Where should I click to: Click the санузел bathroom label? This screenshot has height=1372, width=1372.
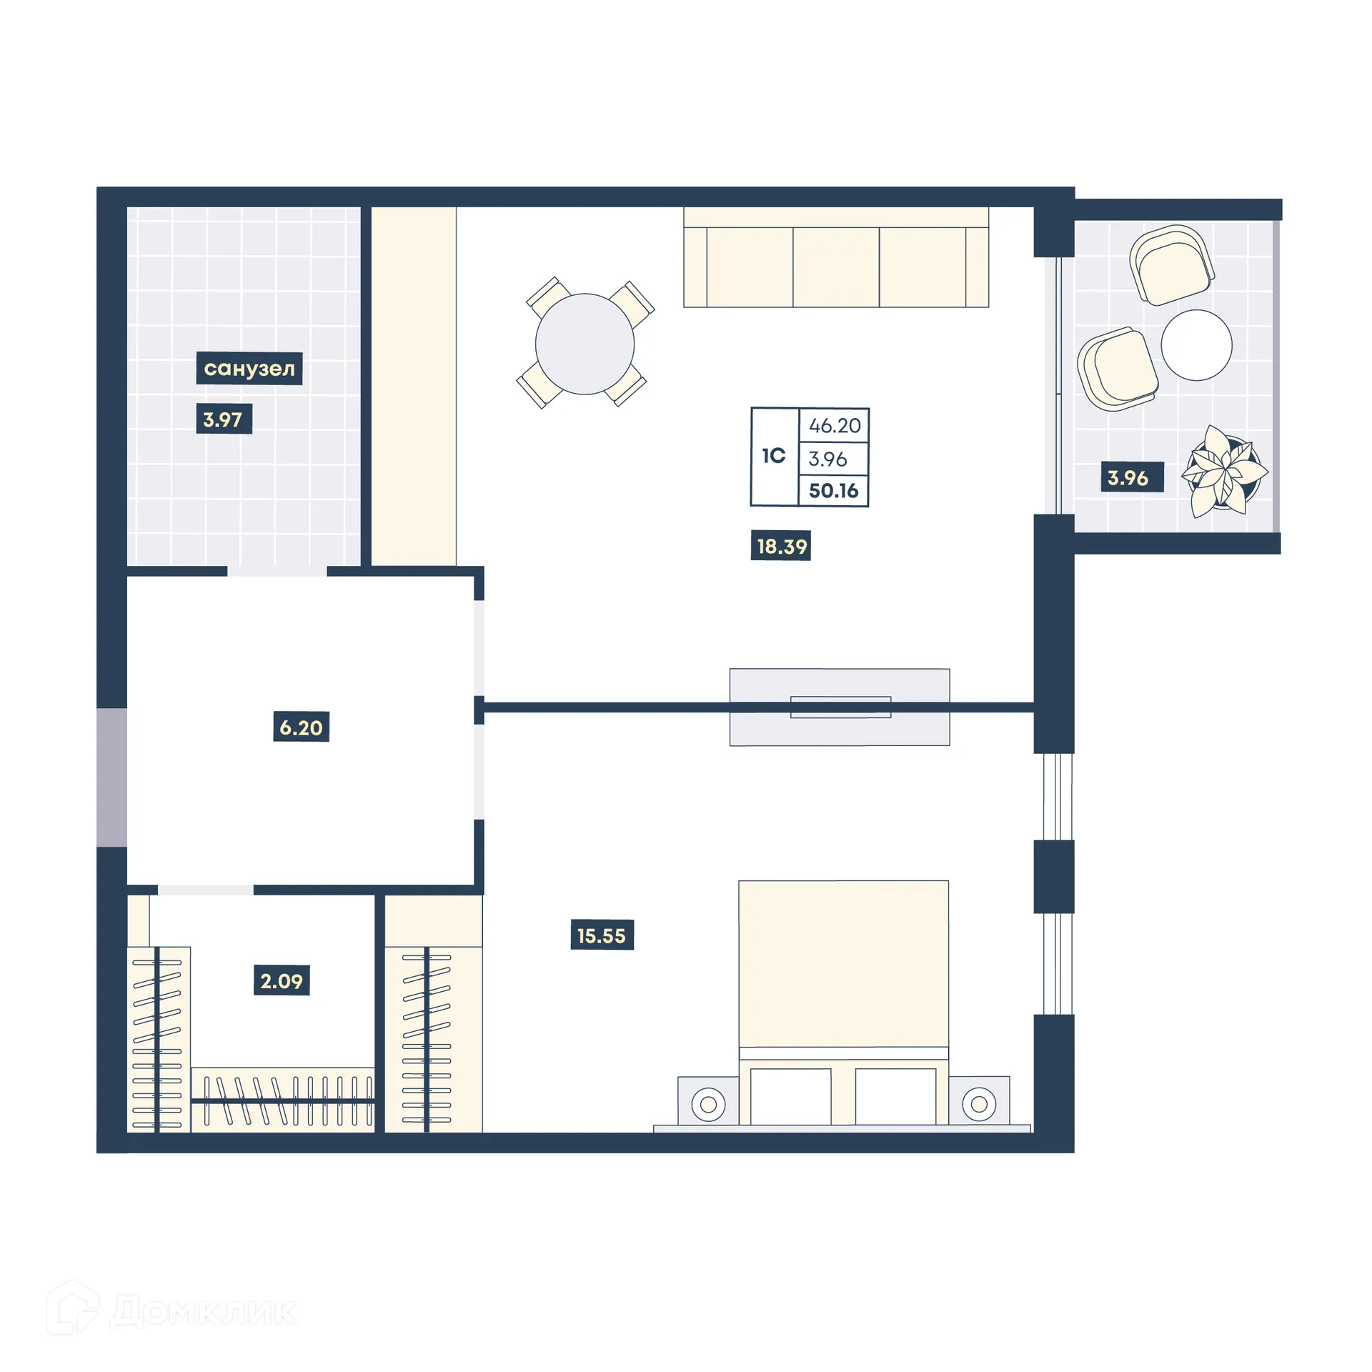[249, 369]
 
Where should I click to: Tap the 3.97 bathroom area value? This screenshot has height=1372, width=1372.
[223, 419]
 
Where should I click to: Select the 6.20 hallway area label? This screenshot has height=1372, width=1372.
[301, 727]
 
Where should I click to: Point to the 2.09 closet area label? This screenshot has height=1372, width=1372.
[282, 981]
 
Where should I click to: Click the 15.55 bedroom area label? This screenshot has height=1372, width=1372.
[602, 936]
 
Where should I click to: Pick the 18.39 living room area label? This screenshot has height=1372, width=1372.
[781, 547]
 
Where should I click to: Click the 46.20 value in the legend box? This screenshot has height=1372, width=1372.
[834, 426]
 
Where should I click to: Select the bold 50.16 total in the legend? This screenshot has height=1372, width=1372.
[833, 491]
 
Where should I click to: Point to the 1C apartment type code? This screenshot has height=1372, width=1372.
[773, 456]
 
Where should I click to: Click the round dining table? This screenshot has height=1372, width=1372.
[585, 344]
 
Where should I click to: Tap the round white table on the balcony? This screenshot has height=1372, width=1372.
[1196, 345]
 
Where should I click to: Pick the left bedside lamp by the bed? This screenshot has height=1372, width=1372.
[708, 1104]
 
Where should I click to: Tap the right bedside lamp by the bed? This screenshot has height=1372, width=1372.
[978, 1104]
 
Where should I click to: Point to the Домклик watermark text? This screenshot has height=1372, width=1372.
[204, 1311]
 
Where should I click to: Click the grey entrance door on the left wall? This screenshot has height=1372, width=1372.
[111, 777]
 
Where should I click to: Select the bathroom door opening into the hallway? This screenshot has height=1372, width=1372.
[277, 571]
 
